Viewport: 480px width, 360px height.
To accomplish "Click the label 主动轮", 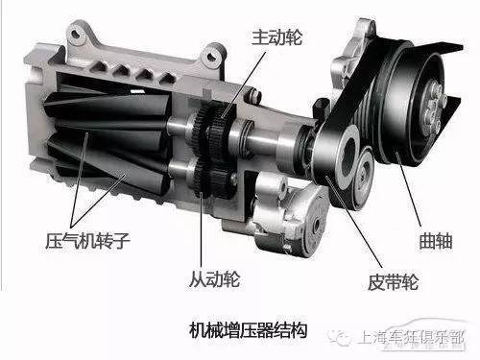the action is click(x=276, y=37).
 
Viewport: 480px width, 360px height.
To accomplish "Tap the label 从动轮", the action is click(x=214, y=279).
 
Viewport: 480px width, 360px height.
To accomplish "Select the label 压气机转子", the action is click(x=87, y=241).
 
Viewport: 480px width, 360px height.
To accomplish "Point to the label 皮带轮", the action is click(x=394, y=282).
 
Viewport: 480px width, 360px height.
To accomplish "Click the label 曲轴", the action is click(x=436, y=241).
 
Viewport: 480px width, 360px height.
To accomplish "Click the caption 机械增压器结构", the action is click(x=249, y=330).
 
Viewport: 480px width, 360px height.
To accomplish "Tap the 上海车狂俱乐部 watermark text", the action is click(x=412, y=338).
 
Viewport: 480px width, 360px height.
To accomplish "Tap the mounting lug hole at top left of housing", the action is click(x=75, y=33).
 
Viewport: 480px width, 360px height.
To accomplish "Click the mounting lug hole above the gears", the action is click(x=211, y=57).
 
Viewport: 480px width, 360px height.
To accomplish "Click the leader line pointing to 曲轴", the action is click(x=409, y=189).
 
